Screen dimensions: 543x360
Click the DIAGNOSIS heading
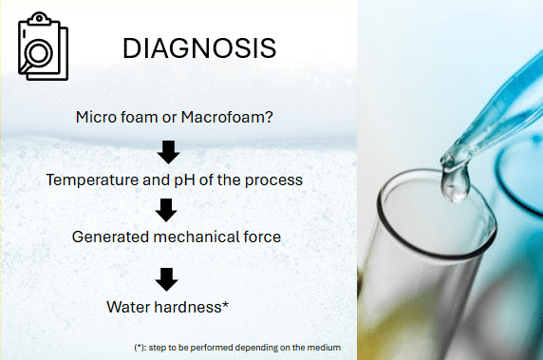[199, 48]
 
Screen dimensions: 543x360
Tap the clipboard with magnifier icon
[43, 47]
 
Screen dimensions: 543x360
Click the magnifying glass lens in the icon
[40, 54]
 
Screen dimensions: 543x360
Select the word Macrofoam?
[227, 117]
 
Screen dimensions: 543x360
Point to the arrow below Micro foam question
[168, 152]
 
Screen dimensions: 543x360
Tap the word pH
[179, 180]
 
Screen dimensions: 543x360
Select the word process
[273, 180]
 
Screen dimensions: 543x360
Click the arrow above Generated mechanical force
[166, 210]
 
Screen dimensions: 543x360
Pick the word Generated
[111, 237]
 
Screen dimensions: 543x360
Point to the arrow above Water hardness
[166, 279]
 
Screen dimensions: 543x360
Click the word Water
[128, 307]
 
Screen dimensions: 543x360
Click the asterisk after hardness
[225, 304]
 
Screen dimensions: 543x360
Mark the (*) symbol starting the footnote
[140, 348]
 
